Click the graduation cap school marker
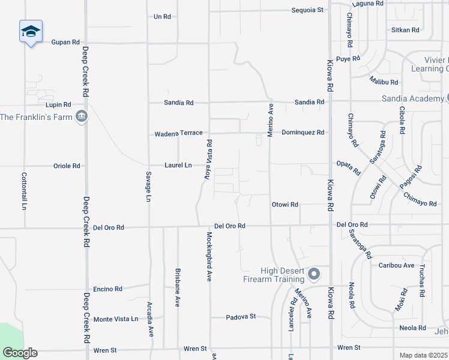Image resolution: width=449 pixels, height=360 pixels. [31, 31]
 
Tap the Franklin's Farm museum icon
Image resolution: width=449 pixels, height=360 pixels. [82, 116]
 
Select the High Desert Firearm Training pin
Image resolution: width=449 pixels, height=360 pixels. [313, 275]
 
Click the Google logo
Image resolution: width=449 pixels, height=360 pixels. [20, 353]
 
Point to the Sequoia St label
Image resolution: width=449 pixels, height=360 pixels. [307, 10]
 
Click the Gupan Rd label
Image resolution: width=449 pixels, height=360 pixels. [65, 42]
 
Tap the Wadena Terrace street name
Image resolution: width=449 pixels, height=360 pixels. [179, 133]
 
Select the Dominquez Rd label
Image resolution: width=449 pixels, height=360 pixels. [303, 132]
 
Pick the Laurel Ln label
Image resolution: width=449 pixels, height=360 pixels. [178, 164]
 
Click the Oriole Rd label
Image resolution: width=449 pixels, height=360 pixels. [67, 166]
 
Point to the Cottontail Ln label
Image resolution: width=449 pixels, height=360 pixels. [25, 191]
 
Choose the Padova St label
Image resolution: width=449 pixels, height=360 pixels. [241, 316]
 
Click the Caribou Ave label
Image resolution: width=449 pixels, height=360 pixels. [396, 265]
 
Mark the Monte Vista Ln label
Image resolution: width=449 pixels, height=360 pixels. [116, 319]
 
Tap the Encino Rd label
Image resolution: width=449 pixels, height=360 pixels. [107, 289]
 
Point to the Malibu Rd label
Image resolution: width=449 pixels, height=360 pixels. [384, 82]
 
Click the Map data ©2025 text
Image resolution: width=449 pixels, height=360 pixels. [423, 355]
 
